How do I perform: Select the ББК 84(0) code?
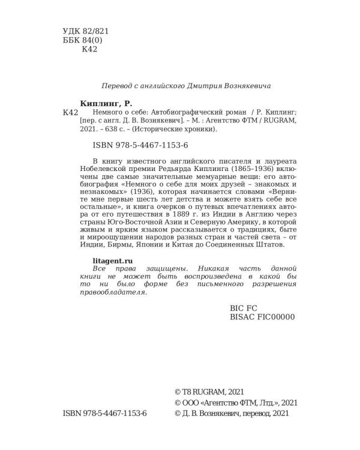pos(83,40)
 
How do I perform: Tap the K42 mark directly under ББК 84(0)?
pos(89,50)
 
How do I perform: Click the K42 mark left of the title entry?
pos(70,113)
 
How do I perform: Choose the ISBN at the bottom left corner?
pos(104,413)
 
